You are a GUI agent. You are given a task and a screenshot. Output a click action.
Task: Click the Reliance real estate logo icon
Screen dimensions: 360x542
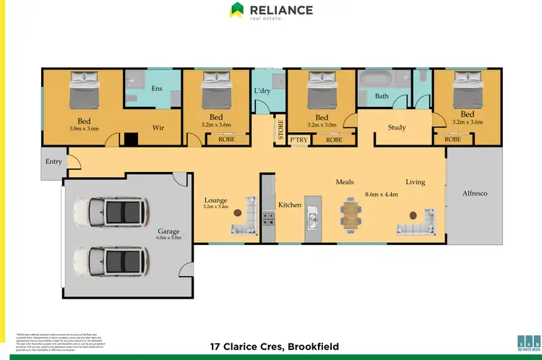pos(236,10)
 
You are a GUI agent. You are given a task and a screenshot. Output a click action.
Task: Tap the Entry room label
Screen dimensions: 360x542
pos(53,161)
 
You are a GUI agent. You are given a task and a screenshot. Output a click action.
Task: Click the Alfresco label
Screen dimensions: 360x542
pos(474,193)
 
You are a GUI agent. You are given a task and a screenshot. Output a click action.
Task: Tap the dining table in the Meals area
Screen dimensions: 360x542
pos(351,215)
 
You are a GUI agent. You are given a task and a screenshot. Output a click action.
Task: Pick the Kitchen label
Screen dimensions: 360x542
pos(290,205)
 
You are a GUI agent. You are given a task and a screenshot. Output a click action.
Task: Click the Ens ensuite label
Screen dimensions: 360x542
pos(156,89)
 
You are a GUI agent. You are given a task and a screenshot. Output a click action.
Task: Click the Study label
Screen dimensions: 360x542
pos(396,127)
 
